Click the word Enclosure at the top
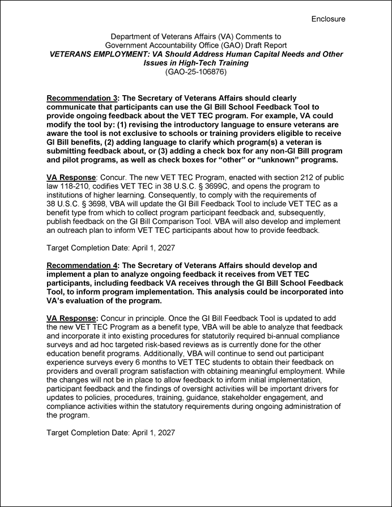pos(328,19)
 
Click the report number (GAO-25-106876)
pos(195,72)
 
